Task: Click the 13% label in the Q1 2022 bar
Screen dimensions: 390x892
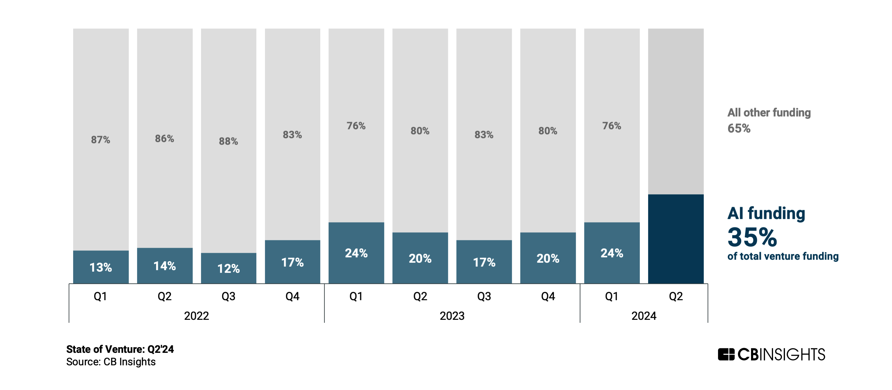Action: (x=101, y=267)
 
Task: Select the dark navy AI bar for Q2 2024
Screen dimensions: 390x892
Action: (x=675, y=239)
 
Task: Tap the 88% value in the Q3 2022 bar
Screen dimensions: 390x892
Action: (x=228, y=141)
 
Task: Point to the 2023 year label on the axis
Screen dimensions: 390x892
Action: (x=452, y=316)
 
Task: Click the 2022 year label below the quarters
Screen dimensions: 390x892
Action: (x=196, y=316)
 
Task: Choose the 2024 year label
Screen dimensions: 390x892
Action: (x=644, y=316)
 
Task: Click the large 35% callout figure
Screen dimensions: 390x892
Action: (x=752, y=237)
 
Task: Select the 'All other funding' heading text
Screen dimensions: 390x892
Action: (x=769, y=112)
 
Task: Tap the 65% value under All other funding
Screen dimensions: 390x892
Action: (x=739, y=129)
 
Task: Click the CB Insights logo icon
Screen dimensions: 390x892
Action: (x=726, y=354)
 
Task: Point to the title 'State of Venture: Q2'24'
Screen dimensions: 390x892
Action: (x=120, y=349)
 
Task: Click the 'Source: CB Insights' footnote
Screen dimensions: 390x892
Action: (x=111, y=362)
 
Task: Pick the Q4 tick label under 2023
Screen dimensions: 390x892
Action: (x=548, y=297)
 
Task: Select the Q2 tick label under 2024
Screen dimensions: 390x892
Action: (x=675, y=297)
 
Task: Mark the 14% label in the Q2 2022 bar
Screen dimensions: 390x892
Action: (x=164, y=266)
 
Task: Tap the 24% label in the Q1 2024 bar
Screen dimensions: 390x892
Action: (x=612, y=253)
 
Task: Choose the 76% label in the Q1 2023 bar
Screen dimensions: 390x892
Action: (x=356, y=126)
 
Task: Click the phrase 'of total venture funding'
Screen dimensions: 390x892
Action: (x=783, y=256)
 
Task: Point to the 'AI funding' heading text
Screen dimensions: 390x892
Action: (x=766, y=213)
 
